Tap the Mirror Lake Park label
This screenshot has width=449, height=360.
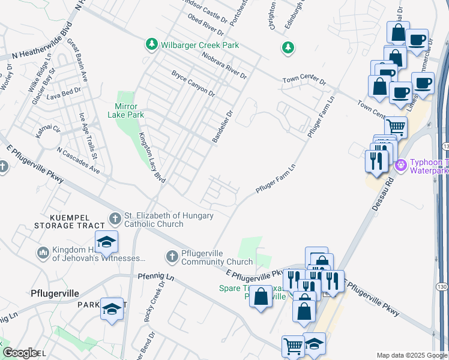126,110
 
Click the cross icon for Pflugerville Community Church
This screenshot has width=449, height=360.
172,257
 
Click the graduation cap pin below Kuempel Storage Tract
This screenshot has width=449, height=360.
107,242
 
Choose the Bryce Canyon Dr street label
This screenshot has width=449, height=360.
193,83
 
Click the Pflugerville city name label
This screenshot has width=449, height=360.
55,293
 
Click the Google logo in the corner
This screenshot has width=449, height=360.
19,353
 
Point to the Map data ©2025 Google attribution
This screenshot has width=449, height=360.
411,355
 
